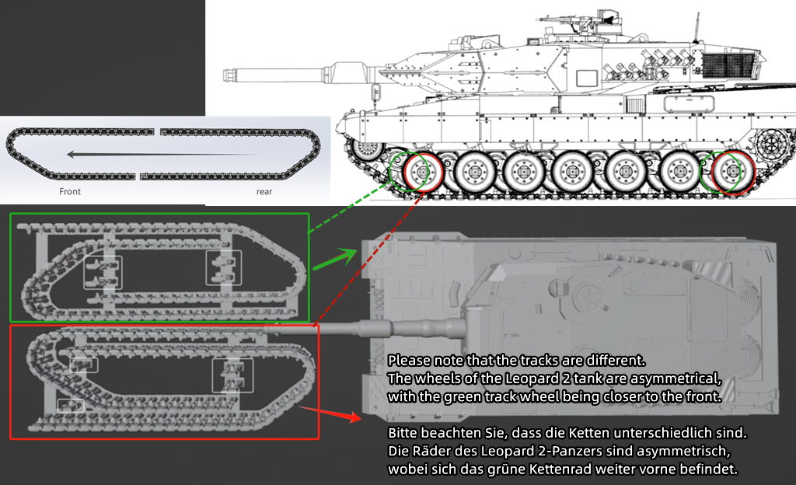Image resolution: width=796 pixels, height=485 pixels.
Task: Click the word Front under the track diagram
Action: pos(70,191)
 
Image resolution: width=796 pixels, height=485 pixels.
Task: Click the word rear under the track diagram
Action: pos(264,191)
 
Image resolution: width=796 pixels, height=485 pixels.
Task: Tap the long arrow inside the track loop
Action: pos(163,154)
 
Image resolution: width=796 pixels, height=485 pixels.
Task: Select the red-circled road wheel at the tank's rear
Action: pos(731,171)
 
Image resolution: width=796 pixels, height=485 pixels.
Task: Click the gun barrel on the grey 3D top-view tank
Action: pos(365,327)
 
